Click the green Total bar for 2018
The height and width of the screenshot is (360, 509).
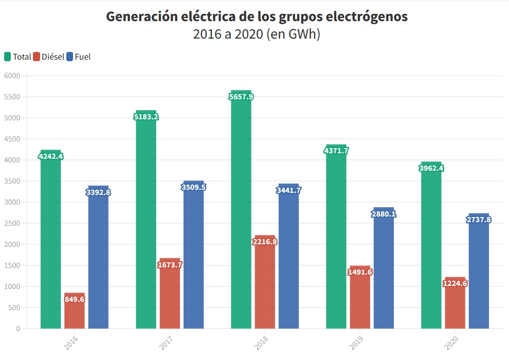click(x=241, y=216)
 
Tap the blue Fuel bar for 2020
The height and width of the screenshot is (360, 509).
click(x=479, y=278)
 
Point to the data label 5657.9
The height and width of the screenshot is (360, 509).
click(x=241, y=97)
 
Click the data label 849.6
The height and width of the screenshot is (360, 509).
click(x=75, y=299)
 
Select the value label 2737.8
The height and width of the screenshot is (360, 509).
click(x=479, y=220)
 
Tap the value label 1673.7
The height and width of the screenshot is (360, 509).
click(x=170, y=265)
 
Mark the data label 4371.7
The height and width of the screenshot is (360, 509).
click(x=336, y=151)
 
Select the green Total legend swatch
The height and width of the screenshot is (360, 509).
click(x=8, y=57)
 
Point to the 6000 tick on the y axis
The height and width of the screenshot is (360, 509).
click(x=12, y=76)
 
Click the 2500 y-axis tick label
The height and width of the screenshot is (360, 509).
click(x=12, y=223)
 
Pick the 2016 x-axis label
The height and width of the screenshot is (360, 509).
click(x=72, y=343)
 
